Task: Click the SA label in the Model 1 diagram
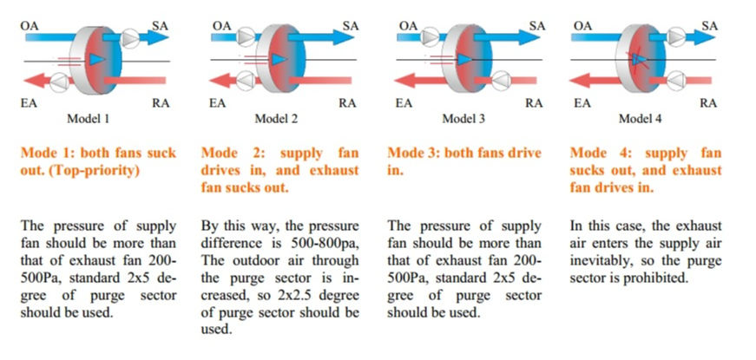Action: coord(161,25)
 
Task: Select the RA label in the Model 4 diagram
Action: coord(708,102)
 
